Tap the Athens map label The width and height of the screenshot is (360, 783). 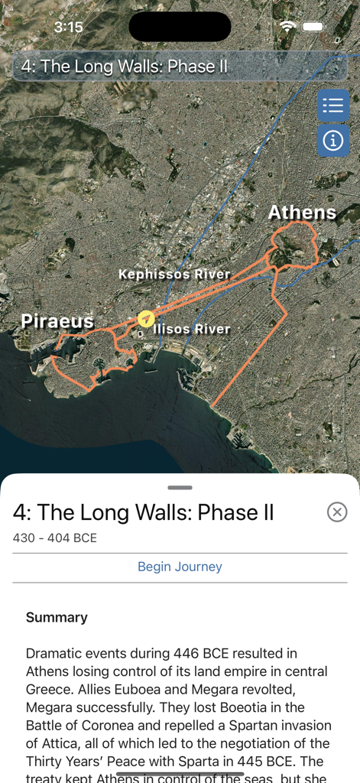click(x=302, y=213)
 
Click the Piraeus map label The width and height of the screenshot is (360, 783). click(x=57, y=321)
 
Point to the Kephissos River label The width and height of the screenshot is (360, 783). click(x=174, y=274)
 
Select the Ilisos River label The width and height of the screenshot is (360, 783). click(x=192, y=330)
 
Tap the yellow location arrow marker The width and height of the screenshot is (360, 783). click(x=146, y=318)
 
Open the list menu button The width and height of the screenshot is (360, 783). click(x=332, y=106)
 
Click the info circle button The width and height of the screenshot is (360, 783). click(x=332, y=141)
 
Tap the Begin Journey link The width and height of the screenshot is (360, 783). click(x=180, y=567)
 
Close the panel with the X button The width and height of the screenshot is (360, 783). click(x=336, y=512)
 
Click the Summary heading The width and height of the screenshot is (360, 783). click(x=57, y=617)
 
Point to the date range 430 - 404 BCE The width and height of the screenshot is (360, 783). click(x=55, y=538)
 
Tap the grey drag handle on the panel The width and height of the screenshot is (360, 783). click(x=180, y=487)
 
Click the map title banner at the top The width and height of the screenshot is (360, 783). click(x=180, y=67)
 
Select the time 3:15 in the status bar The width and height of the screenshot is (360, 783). click(x=68, y=27)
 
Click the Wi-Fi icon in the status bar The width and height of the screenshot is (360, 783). click(x=288, y=27)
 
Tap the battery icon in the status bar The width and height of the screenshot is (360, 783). click(x=313, y=27)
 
